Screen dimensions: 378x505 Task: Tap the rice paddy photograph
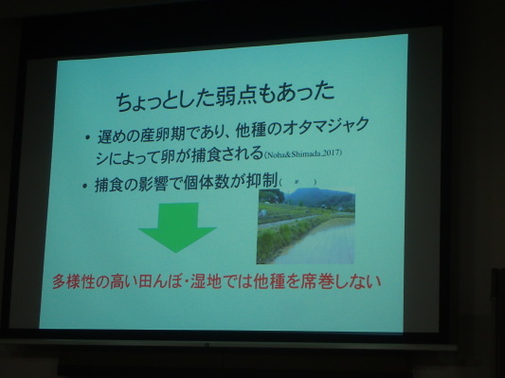(305, 225)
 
